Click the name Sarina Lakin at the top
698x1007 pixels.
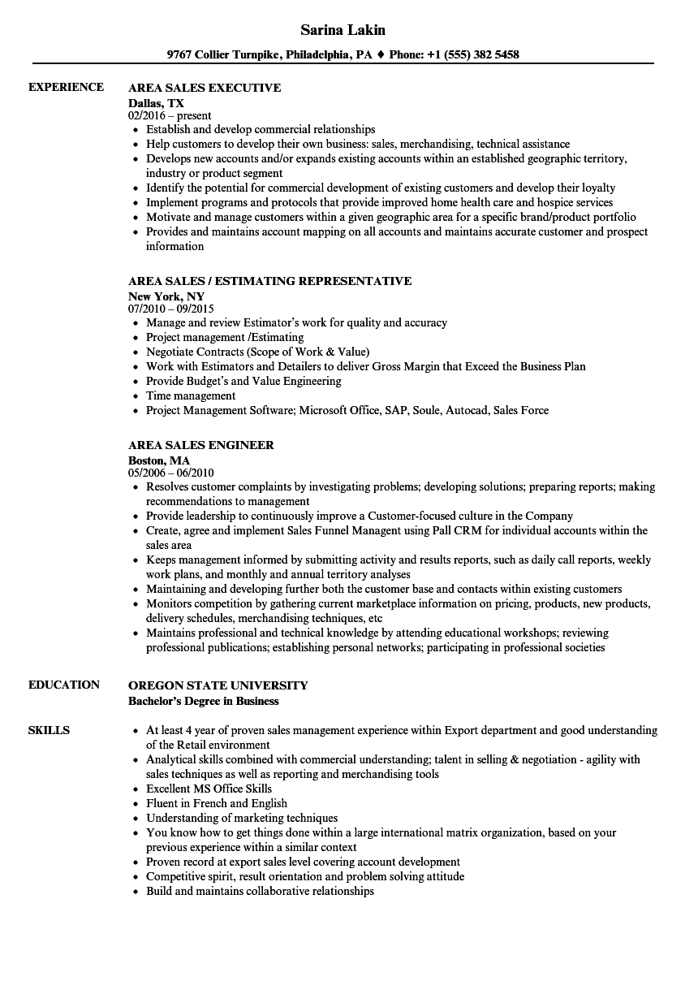click(343, 30)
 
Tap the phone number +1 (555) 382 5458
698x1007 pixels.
click(474, 55)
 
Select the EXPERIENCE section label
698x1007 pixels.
click(66, 87)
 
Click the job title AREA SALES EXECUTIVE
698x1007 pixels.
click(205, 88)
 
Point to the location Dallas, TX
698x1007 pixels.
click(157, 103)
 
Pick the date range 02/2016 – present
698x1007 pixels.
click(170, 116)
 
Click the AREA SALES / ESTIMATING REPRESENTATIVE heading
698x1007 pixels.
click(269, 281)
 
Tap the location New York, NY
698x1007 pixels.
click(166, 296)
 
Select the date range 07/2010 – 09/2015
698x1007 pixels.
click(171, 309)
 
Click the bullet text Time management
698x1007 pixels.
click(191, 395)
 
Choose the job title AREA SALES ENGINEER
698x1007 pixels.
click(201, 445)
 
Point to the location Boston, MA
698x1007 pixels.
click(159, 460)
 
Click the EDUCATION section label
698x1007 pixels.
click(64, 685)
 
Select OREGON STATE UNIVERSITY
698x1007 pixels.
click(218, 685)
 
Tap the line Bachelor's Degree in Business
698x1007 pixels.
click(203, 701)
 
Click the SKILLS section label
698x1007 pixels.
click(49, 730)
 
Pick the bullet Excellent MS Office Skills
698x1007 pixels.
click(209, 789)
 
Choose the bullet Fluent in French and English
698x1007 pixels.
click(217, 803)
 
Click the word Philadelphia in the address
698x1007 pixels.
click(317, 55)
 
